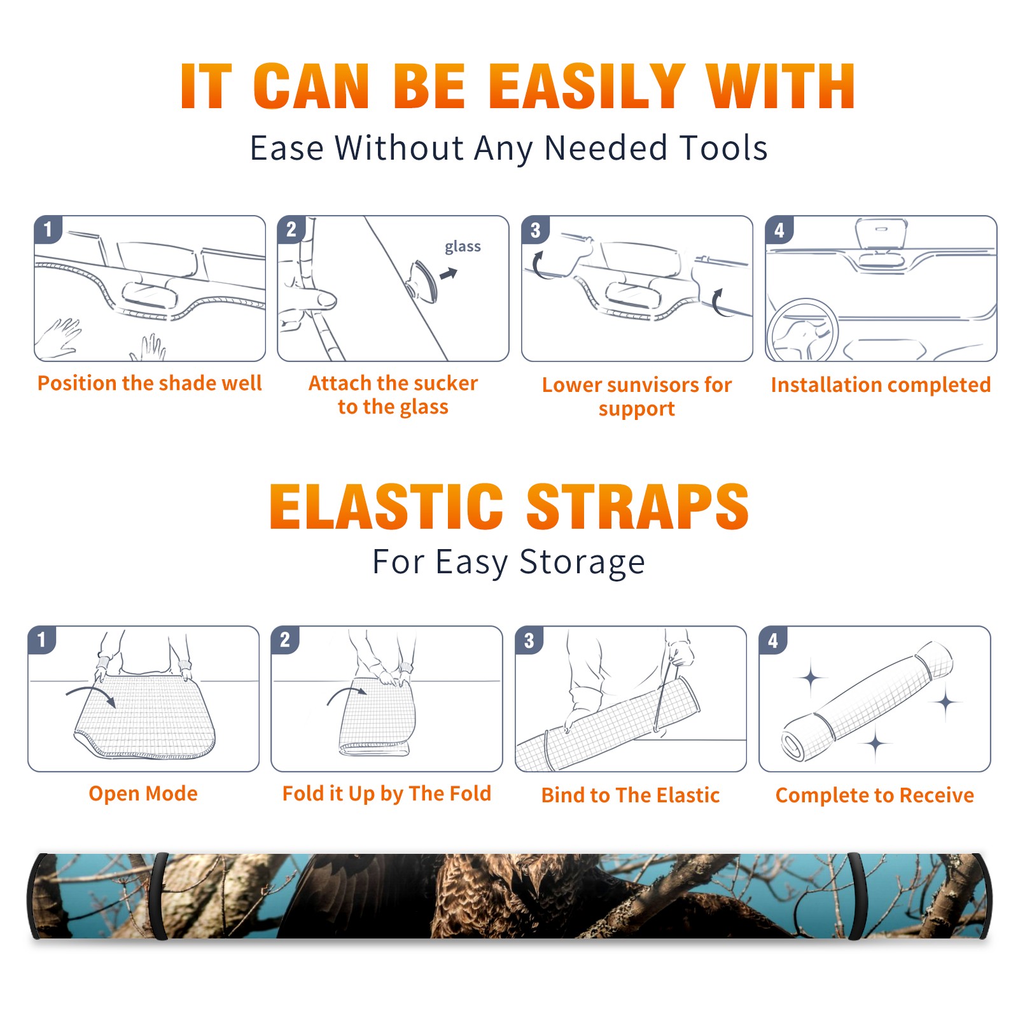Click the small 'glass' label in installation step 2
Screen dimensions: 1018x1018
pyautogui.click(x=463, y=247)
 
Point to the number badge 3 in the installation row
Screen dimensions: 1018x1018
pyautogui.click(x=535, y=230)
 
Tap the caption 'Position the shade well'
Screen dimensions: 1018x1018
pyautogui.click(x=150, y=383)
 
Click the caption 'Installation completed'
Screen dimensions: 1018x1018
pyautogui.click(x=881, y=385)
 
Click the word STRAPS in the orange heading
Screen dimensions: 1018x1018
pyautogui.click(x=638, y=506)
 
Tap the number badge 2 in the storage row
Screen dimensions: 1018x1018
pyautogui.click(x=285, y=639)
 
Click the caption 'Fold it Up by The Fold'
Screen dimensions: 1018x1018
pyautogui.click(x=387, y=793)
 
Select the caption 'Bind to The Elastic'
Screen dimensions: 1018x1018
pyautogui.click(x=631, y=795)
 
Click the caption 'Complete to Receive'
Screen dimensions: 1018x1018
pyautogui.click(x=875, y=795)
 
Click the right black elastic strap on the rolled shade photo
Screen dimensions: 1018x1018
pyautogui.click(x=856, y=896)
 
